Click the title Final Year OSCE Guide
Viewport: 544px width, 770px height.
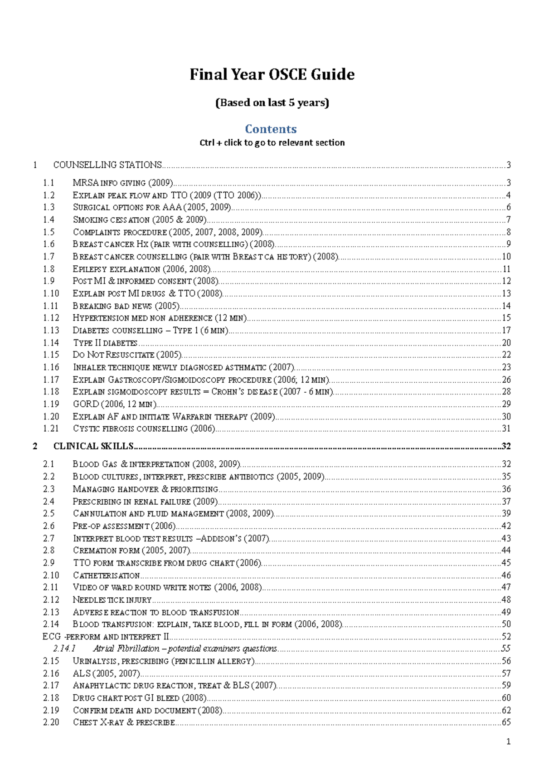point(272,74)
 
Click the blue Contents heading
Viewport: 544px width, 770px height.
point(271,129)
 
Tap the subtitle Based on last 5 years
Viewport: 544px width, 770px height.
point(272,102)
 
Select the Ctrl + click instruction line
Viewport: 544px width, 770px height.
point(272,142)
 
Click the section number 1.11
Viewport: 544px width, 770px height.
point(51,306)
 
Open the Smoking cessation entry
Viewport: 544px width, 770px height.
point(140,220)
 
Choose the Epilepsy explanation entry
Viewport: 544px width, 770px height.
point(141,269)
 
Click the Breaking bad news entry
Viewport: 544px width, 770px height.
point(126,306)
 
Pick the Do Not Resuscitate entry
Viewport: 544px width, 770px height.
point(127,355)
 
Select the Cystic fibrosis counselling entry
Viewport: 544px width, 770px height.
point(144,429)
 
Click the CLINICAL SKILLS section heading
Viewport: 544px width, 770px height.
point(93,446)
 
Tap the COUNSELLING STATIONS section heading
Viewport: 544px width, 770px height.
point(107,165)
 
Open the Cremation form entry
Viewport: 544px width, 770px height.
point(131,551)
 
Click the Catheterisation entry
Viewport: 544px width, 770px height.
point(107,575)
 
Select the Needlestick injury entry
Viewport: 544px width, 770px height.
point(112,600)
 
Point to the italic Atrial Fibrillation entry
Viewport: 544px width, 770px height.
point(185,649)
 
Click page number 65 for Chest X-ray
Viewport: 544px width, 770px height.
point(506,722)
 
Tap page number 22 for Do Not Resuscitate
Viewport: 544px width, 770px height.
point(506,355)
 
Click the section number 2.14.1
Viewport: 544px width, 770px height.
point(64,649)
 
